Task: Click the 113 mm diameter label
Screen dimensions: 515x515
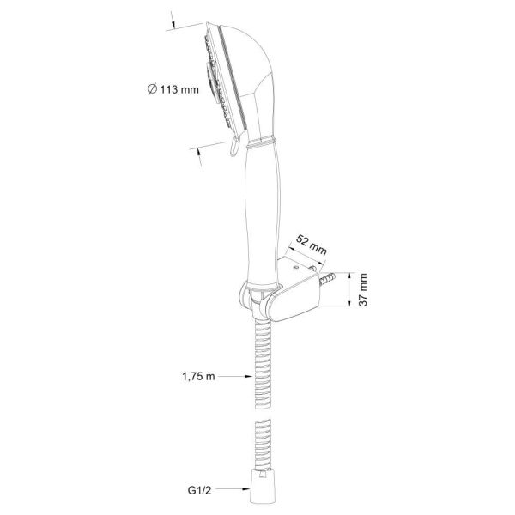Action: [173, 89]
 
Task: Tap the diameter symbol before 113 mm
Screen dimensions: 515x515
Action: [152, 89]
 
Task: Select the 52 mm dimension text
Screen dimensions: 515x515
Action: [312, 245]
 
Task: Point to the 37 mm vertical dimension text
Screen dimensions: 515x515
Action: [363, 290]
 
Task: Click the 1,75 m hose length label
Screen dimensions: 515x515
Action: [199, 376]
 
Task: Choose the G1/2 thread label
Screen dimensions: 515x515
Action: [200, 490]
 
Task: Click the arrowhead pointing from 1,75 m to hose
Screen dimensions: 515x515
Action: [249, 377]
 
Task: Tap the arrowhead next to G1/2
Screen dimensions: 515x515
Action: [246, 489]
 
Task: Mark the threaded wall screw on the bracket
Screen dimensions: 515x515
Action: [327, 279]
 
